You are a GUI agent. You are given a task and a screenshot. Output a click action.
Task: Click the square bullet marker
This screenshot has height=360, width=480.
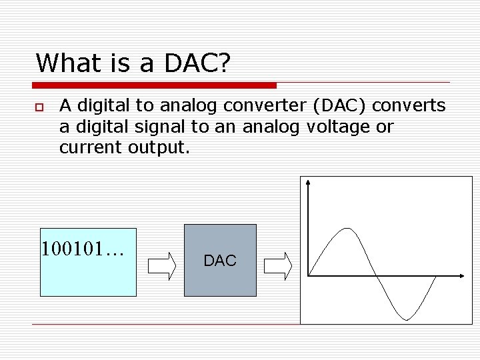pyautogui.click(x=40, y=107)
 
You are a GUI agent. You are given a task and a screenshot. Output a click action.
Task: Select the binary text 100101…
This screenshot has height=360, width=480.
pyautogui.click(x=83, y=249)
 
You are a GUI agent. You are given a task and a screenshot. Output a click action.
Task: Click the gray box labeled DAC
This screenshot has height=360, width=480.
pyautogui.click(x=220, y=260)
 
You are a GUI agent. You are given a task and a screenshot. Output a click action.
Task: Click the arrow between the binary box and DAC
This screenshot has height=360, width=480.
pyautogui.click(x=161, y=265)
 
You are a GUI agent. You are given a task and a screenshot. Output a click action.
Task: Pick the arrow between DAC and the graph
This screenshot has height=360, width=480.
pyautogui.click(x=278, y=265)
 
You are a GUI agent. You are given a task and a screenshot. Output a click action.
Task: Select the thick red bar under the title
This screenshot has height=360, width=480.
pyautogui.click(x=155, y=85)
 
